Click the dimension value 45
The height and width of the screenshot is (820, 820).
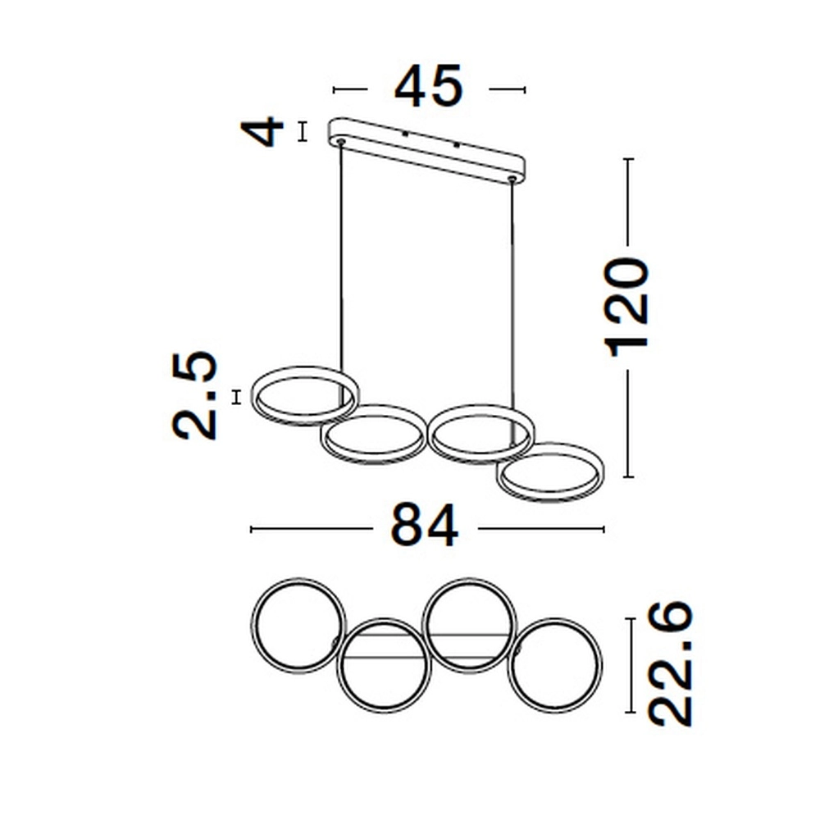429,88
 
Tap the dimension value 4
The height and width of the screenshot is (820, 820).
266,131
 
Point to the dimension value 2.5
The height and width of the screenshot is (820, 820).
198,396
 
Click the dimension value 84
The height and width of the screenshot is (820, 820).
425,526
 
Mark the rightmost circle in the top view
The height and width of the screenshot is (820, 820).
557,665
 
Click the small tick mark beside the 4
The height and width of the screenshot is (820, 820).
302,131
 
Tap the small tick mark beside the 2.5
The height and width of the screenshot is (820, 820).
237,397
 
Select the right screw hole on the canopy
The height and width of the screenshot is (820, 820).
512,177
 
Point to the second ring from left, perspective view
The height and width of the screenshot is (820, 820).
373,435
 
